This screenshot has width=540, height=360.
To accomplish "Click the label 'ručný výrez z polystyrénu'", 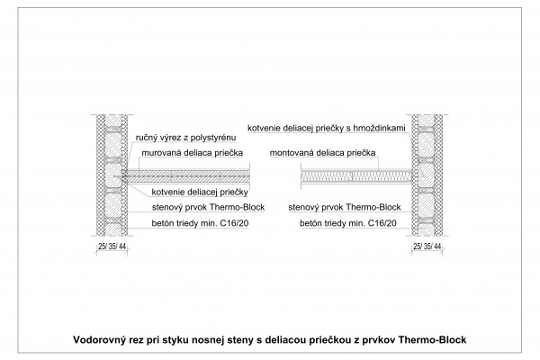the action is (185, 138).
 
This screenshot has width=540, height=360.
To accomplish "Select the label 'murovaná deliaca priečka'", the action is (193, 153).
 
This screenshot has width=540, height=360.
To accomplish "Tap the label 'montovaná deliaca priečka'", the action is (322, 153).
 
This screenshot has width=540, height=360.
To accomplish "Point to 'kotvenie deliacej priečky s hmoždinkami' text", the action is (327, 128).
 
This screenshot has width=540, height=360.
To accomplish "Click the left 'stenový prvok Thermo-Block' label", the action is (208, 207).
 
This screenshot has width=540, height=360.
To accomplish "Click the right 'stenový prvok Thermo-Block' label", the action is (345, 207).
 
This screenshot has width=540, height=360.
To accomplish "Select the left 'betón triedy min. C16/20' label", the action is (200, 223).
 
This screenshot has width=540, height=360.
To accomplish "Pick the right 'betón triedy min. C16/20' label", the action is (348, 223).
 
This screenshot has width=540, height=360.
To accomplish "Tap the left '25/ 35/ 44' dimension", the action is (112, 247).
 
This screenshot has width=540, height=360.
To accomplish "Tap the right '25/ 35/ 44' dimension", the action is (427, 247).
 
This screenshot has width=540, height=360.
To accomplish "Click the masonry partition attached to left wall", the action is (185, 176).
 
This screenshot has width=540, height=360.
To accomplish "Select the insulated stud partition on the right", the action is (356, 176).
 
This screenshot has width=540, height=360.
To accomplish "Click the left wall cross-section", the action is (112, 175).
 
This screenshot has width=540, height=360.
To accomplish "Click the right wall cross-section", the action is (427, 175).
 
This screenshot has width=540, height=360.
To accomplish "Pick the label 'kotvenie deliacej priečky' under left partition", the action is (200, 192).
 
